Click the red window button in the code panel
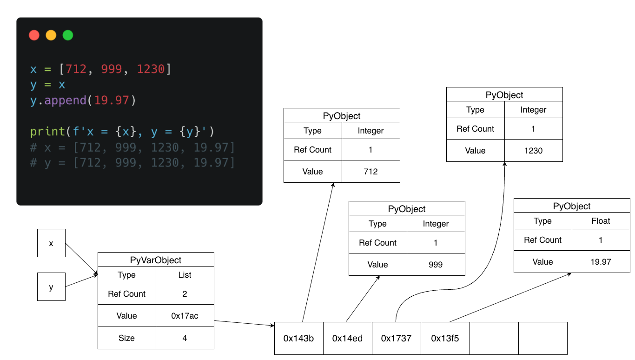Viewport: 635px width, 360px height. click(x=34, y=35)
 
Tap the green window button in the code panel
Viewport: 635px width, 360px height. click(x=68, y=35)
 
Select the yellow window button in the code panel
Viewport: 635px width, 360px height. click(x=51, y=35)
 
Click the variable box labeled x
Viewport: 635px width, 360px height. click(x=51, y=243)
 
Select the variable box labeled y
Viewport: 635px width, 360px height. click(x=51, y=287)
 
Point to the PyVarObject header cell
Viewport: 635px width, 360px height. click(x=156, y=260)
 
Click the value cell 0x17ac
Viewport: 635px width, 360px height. click(x=185, y=316)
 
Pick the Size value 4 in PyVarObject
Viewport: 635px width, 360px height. click(x=185, y=338)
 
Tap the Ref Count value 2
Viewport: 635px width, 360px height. click(x=185, y=294)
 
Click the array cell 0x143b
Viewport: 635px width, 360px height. click(x=298, y=338)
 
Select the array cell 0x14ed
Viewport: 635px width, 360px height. click(x=347, y=338)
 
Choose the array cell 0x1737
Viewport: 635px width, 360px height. click(x=396, y=338)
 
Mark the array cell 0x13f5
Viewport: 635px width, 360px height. click(x=445, y=338)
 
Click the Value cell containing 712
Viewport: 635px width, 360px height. click(x=370, y=172)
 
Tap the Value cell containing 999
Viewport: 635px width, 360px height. click(x=436, y=265)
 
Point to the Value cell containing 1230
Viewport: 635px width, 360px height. click(x=533, y=151)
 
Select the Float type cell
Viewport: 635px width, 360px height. click(x=601, y=221)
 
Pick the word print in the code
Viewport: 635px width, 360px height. click(x=47, y=132)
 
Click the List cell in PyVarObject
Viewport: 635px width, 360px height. click(x=185, y=275)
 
